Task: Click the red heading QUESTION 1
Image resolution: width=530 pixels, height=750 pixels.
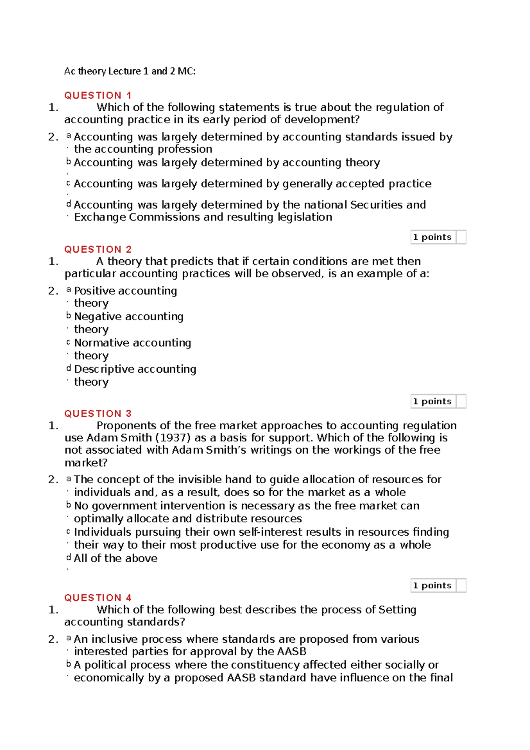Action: tap(98, 95)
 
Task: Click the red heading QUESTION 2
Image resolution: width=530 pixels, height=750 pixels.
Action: tap(98, 249)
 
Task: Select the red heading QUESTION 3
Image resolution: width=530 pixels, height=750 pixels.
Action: tap(98, 413)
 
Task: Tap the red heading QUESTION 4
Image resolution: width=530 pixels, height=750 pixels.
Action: tap(98, 598)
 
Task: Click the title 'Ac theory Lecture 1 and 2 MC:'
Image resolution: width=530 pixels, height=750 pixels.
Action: tap(129, 71)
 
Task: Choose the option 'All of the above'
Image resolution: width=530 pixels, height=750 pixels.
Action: tap(116, 558)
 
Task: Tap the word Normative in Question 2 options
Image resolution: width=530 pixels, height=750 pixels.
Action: tap(101, 343)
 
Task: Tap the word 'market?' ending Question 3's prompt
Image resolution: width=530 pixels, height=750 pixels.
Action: tap(86, 463)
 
